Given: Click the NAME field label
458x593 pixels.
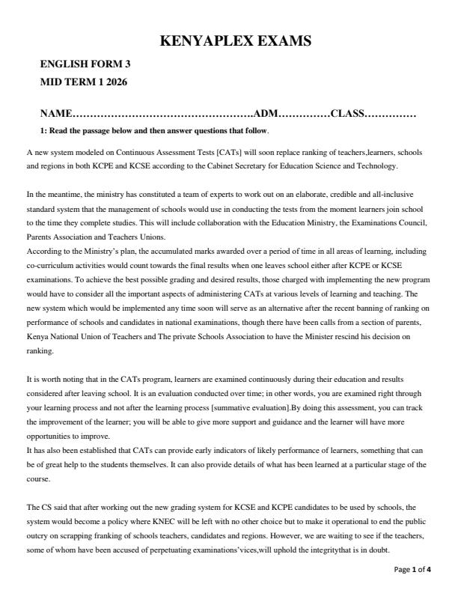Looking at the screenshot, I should (55, 115).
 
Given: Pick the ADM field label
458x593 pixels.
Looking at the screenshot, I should (266, 115).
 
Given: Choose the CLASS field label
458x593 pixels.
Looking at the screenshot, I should (347, 115).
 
